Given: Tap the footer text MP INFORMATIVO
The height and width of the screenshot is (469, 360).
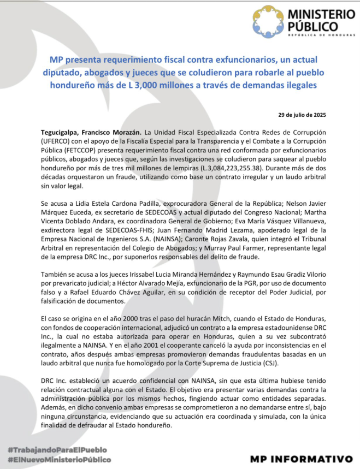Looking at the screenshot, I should (x=302, y=459).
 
